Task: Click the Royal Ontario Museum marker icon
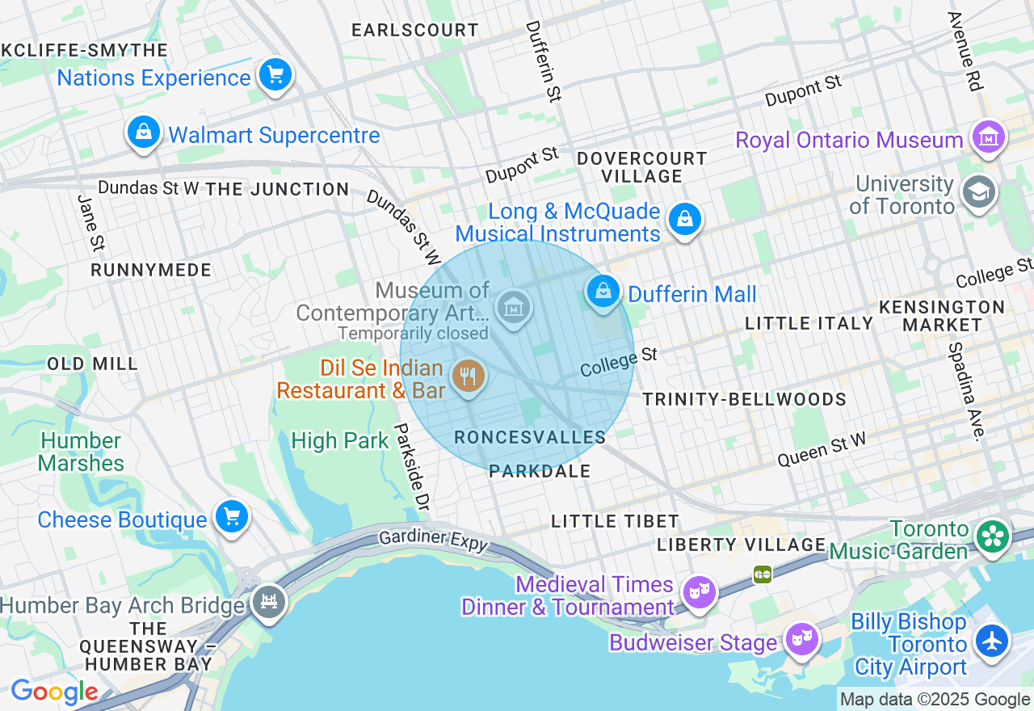coord(989,138)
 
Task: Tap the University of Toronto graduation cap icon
coord(979,192)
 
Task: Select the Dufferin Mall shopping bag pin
coord(603,292)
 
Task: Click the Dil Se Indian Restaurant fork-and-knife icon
coord(468,376)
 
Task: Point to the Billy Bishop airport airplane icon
coord(990,641)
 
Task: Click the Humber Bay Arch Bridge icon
coord(269,602)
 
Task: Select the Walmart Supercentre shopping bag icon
coord(144,132)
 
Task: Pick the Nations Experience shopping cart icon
coord(275,76)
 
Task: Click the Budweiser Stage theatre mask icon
coord(801,639)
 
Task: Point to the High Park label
coord(340,440)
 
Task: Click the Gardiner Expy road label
coord(434,539)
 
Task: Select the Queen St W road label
coord(821,449)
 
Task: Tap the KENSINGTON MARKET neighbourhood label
coord(941,316)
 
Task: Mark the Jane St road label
coord(91,221)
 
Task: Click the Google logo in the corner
coord(54,692)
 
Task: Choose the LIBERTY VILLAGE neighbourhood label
coord(741,545)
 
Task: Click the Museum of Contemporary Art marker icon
coord(514,307)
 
